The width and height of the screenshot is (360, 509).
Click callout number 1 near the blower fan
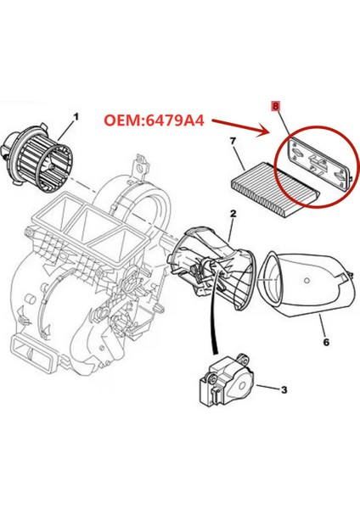click(x=76, y=116)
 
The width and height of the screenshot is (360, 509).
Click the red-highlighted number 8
click(x=274, y=108)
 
